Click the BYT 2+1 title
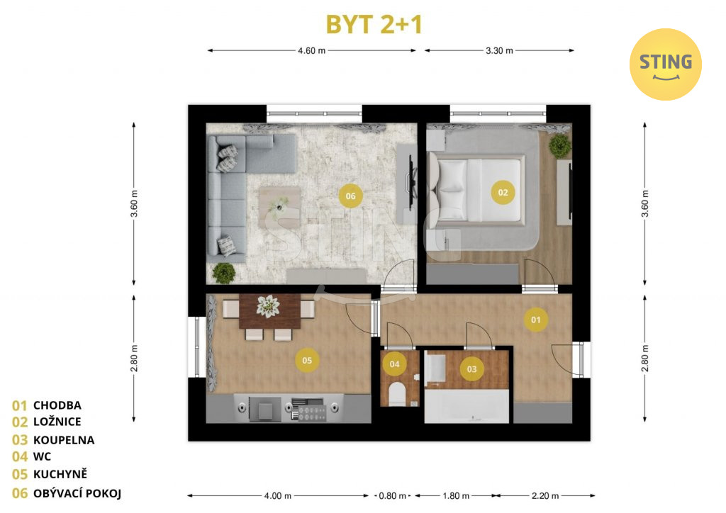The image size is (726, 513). pyautogui.click(x=374, y=24)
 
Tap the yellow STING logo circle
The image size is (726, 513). pyautogui.click(x=665, y=64)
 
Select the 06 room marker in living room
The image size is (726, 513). pyautogui.click(x=350, y=196)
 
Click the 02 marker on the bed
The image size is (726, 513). pyautogui.click(x=503, y=193)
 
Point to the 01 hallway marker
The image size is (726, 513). pyautogui.click(x=536, y=320)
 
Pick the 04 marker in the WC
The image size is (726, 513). pyautogui.click(x=394, y=364)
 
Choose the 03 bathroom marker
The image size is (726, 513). pyautogui.click(x=471, y=369)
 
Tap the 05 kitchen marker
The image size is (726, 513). pyautogui.click(x=307, y=361)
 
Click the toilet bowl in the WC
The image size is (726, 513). pyautogui.click(x=397, y=394)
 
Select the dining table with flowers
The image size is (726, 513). pyautogui.click(x=269, y=311)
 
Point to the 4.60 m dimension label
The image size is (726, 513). pyautogui.click(x=312, y=51)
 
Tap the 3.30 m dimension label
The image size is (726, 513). pyautogui.click(x=499, y=51)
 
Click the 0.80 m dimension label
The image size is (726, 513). pyautogui.click(x=392, y=496)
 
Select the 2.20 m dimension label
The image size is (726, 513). pyautogui.click(x=545, y=496)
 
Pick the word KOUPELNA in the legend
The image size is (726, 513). pyautogui.click(x=64, y=440)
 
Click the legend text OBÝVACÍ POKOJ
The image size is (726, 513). pyautogui.click(x=77, y=494)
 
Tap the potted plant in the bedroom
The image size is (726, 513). pyautogui.click(x=560, y=145)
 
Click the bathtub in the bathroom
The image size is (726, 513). pyautogui.click(x=467, y=406)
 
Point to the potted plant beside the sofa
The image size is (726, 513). pyautogui.click(x=224, y=273)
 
